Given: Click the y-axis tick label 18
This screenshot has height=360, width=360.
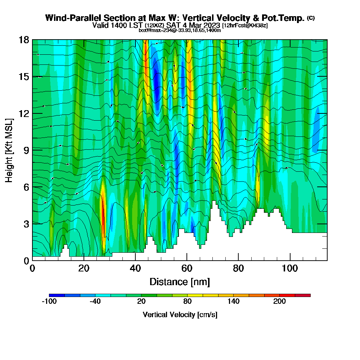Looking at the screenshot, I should [x=24, y=40].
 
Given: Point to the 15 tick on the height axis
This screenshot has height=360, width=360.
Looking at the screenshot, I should [x=24, y=76].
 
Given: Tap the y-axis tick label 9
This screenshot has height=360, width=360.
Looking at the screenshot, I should [x=26, y=150].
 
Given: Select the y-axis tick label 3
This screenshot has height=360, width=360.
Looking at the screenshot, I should [x=26, y=224].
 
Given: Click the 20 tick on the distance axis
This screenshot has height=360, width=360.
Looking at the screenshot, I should [x=84, y=268].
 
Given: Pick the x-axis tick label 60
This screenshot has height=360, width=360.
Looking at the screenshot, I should [x=186, y=268].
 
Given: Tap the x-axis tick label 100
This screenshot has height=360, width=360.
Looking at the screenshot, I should [x=289, y=268].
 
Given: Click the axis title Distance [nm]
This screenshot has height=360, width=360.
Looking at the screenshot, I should [x=180, y=282].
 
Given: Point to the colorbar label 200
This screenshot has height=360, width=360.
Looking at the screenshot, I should [x=279, y=302].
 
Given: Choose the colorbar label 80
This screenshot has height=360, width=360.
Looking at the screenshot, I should [x=188, y=302].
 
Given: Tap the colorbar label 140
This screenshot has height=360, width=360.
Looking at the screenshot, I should [x=234, y=302].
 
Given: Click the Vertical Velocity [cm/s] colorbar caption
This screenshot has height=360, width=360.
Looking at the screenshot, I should [x=180, y=315].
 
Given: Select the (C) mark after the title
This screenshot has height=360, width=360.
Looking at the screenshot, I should [x=311, y=18].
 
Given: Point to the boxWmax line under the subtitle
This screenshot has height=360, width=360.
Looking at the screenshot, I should [x=180, y=30].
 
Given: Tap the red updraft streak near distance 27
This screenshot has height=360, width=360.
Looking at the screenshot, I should [x=103, y=216].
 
